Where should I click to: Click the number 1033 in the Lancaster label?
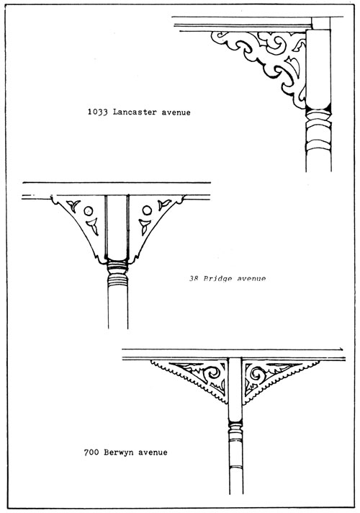click(98, 112)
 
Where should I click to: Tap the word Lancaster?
click(135, 112)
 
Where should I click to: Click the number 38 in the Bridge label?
click(194, 279)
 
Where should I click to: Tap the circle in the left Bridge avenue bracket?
click(89, 211)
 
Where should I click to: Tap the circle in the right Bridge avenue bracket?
click(147, 210)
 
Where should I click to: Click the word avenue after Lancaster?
click(176, 112)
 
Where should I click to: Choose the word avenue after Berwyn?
click(153, 452)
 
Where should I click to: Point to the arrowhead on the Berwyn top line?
click(341, 349)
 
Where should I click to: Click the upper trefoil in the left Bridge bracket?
click(73, 205)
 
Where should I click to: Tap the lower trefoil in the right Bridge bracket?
click(144, 226)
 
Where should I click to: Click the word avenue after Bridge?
click(251, 279)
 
